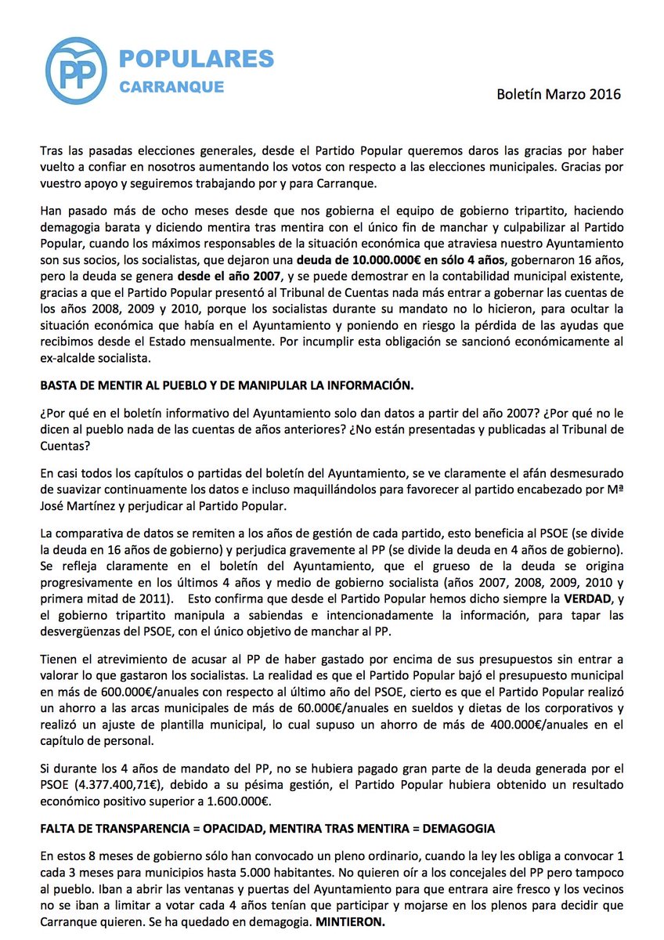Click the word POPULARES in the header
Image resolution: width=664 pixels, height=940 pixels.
tap(196, 59)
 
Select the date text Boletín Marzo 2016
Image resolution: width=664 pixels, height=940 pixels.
tap(558, 94)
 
